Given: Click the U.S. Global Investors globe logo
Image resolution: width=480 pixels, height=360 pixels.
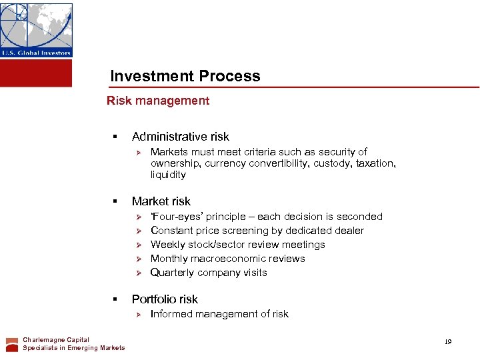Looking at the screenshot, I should pos(36,29).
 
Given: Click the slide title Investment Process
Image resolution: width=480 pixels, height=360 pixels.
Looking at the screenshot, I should pos(185,76).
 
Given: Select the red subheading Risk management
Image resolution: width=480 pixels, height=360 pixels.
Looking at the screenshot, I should pos(158,101).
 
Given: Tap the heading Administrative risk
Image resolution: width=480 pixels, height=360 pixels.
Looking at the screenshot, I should pos(180,137).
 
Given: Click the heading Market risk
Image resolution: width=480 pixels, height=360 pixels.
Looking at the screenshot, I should pos(161,201).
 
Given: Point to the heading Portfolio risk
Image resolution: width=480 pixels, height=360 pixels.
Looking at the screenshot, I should pos(165,299).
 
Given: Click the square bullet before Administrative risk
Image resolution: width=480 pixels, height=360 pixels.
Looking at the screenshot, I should pos(115,137).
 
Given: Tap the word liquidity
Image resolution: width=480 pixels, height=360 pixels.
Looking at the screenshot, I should pos(168,175).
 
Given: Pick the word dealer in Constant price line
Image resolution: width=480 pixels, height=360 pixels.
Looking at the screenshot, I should pos(349,231).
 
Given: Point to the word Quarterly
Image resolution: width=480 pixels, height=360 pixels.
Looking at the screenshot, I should pos(171,273).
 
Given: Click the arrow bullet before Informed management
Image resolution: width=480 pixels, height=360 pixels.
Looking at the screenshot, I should pos(139,314).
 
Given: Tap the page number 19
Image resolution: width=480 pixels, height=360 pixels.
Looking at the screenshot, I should pos(448,341).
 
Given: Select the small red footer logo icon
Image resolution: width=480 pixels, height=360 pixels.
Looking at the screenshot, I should pos(12,344).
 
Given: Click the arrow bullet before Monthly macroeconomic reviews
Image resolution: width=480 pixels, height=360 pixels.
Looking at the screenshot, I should pos(139,259).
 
